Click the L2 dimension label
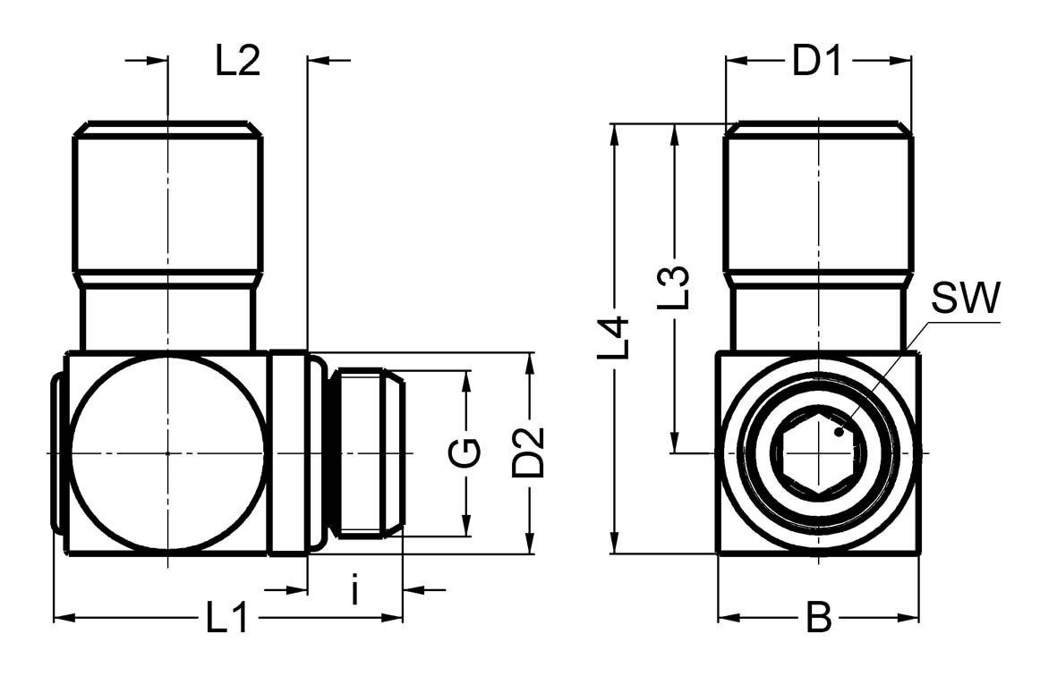click(x=237, y=61)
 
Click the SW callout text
click(x=964, y=300)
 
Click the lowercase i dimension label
click(x=355, y=591)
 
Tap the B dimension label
click(x=818, y=618)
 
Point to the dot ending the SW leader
click(x=839, y=432)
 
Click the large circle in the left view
click(x=166, y=453)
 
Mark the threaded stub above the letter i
click(x=366, y=453)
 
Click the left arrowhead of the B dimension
click(x=726, y=617)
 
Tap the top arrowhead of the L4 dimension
click(x=615, y=132)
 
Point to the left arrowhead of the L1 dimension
click(x=63, y=617)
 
